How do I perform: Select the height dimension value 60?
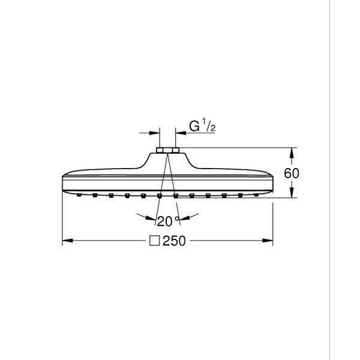292,173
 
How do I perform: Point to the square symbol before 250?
154,242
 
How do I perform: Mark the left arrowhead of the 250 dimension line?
67,242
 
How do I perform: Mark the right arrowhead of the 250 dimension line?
269,242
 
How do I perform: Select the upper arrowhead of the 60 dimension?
292,151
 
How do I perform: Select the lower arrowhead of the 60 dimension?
292,194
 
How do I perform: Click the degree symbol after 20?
176,218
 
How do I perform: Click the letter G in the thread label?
194,127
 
